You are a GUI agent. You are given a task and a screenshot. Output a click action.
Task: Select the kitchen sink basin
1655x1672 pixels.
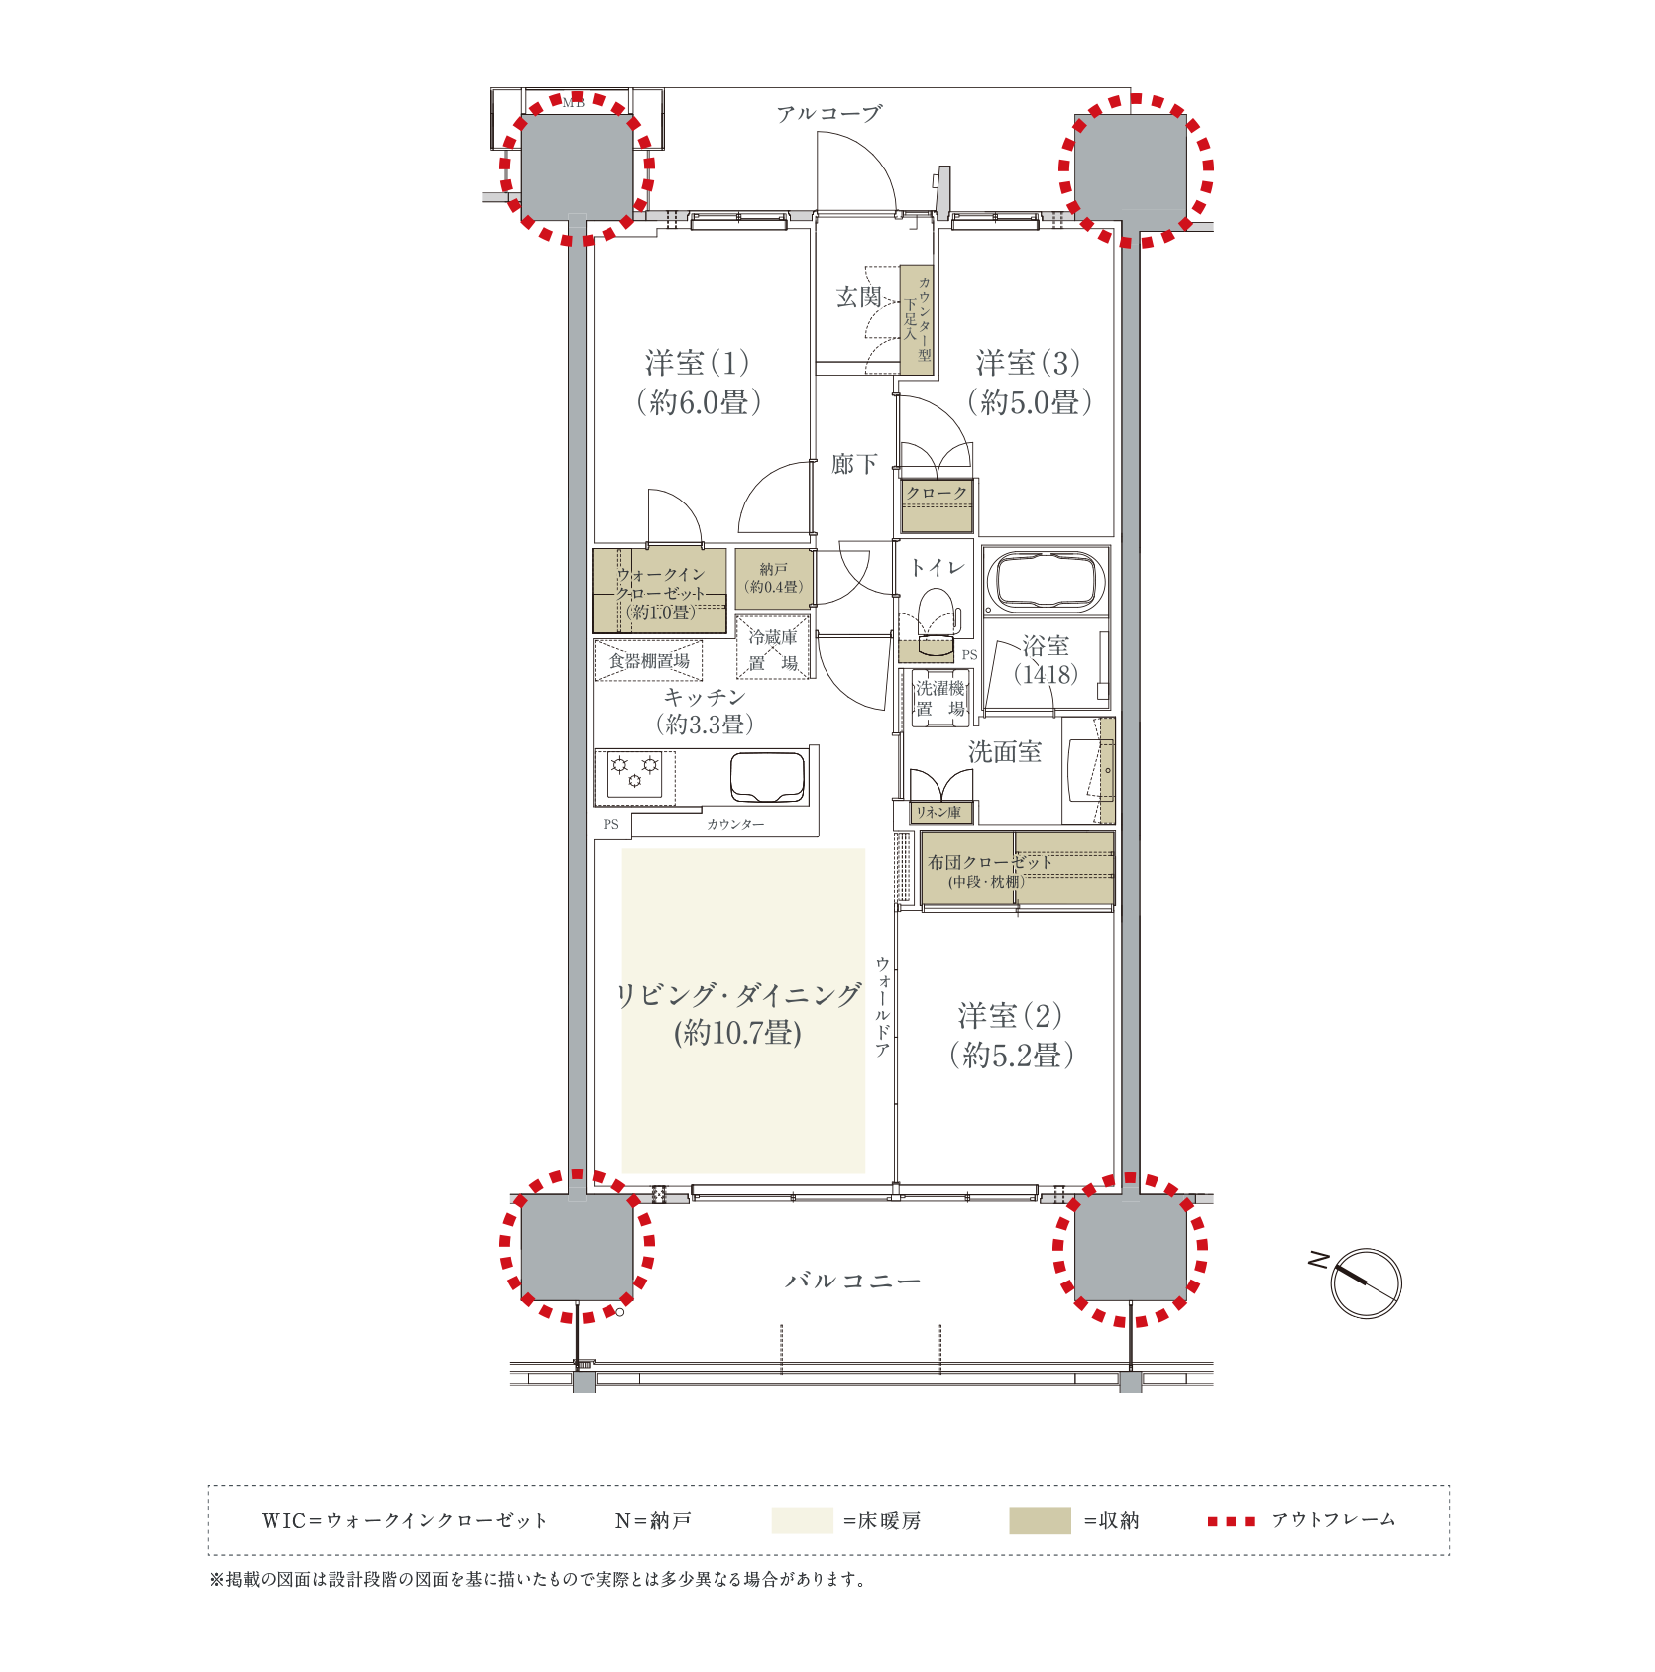pyautogui.click(x=767, y=777)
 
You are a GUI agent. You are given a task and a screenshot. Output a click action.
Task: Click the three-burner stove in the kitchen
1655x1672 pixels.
pyautogui.click(x=634, y=776)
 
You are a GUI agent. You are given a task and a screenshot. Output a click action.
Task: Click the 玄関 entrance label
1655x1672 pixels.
pyautogui.click(x=858, y=297)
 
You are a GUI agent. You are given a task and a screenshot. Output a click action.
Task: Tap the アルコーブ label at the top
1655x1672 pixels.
pyautogui.click(x=828, y=114)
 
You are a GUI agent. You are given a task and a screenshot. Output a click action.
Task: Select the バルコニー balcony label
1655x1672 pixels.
pyautogui.click(x=852, y=1281)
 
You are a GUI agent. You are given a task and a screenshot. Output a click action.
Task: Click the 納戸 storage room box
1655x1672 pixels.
pyautogui.click(x=774, y=579)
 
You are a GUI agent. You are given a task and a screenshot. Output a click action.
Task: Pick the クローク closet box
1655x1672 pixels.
pyautogui.click(x=937, y=505)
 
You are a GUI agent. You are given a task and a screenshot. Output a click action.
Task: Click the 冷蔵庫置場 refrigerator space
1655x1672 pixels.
pyautogui.click(x=773, y=648)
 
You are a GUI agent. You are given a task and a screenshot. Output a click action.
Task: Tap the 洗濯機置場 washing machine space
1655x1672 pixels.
pyautogui.click(x=939, y=698)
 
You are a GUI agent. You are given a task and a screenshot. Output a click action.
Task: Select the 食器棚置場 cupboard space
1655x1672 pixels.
pyautogui.click(x=648, y=661)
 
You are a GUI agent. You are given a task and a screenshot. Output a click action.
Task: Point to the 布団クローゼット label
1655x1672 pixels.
pyautogui.click(x=989, y=862)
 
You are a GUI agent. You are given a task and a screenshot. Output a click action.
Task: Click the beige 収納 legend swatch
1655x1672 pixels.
pyautogui.click(x=1040, y=1520)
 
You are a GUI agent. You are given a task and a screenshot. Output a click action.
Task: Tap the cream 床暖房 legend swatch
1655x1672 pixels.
pyautogui.click(x=802, y=1520)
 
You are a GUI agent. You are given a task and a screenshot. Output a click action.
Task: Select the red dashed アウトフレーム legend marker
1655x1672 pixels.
pyautogui.click(x=1231, y=1521)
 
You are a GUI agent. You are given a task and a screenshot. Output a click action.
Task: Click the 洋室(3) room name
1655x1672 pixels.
pyautogui.click(x=1028, y=364)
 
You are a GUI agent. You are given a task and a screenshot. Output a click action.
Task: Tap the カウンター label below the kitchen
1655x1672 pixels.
pyautogui.click(x=735, y=824)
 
